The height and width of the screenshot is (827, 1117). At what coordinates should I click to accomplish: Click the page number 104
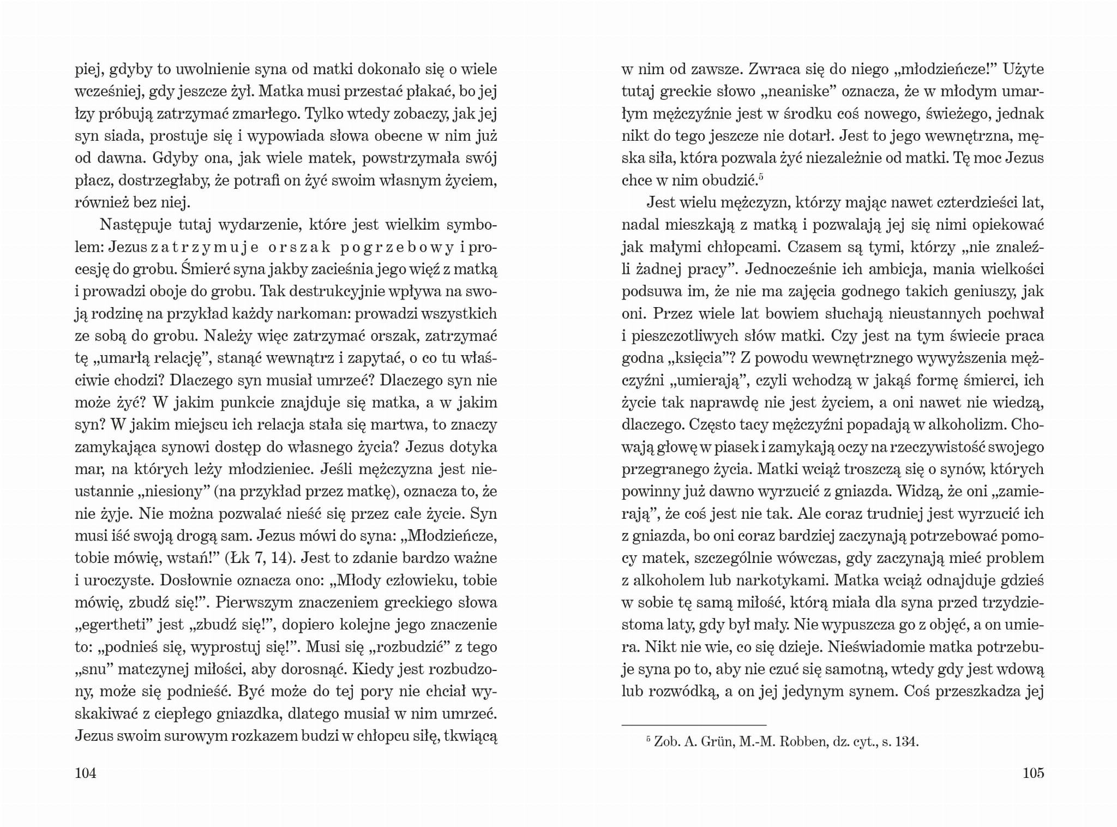(86, 772)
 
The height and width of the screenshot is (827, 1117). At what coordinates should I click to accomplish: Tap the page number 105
(1033, 772)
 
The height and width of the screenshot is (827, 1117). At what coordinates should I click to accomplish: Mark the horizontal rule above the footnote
(694, 725)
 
